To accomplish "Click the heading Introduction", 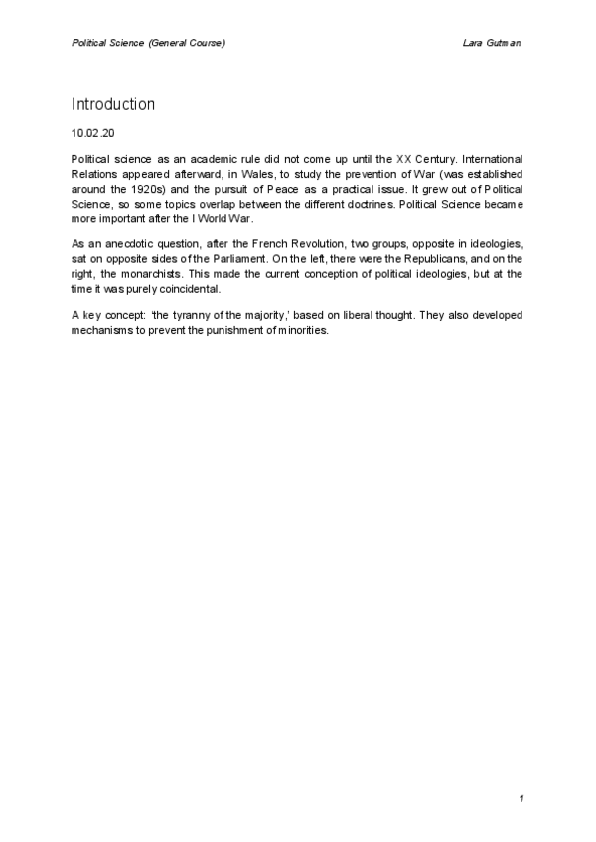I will point(113,104).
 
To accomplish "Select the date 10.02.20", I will point(94,131).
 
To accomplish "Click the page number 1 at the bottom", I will point(521,798).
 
